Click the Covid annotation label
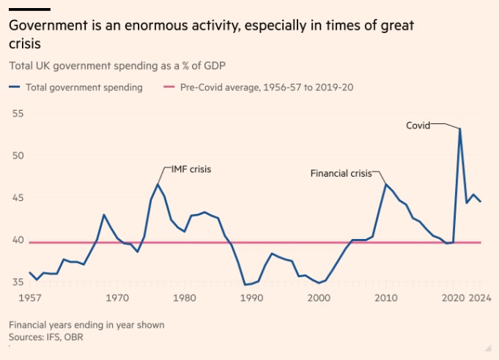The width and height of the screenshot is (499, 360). point(418,125)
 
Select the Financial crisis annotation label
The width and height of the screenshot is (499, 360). point(341,174)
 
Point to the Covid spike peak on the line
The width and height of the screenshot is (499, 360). point(459,129)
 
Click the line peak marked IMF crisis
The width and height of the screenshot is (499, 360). point(158,184)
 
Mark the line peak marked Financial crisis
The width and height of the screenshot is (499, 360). point(385,184)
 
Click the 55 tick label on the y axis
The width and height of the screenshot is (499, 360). point(17,114)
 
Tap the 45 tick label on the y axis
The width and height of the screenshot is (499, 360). point(17,198)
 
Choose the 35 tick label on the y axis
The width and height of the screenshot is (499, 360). point(17,282)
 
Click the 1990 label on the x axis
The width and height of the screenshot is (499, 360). point(251,298)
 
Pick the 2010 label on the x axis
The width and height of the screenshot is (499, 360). point(385,298)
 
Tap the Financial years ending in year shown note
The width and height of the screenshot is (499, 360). point(86,324)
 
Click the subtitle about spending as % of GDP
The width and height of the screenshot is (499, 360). point(117,65)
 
